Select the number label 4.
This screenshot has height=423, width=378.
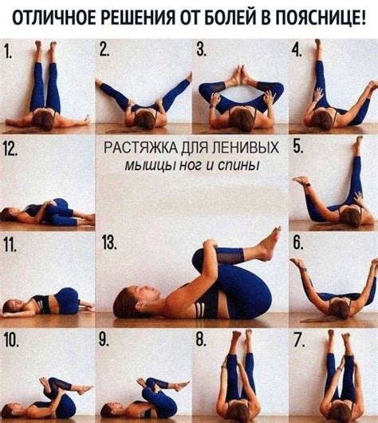(x=297, y=50)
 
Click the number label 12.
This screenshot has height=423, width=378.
(x=11, y=148)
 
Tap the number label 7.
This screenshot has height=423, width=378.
(x=297, y=340)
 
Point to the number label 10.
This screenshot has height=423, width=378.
(x=12, y=340)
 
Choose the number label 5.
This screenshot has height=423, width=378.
(x=297, y=147)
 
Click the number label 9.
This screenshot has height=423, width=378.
(x=104, y=340)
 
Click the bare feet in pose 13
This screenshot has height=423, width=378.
(x=270, y=242)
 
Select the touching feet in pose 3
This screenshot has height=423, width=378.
(x=240, y=77)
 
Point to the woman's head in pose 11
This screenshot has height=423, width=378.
(x=13, y=306)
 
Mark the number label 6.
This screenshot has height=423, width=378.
(x=297, y=243)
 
